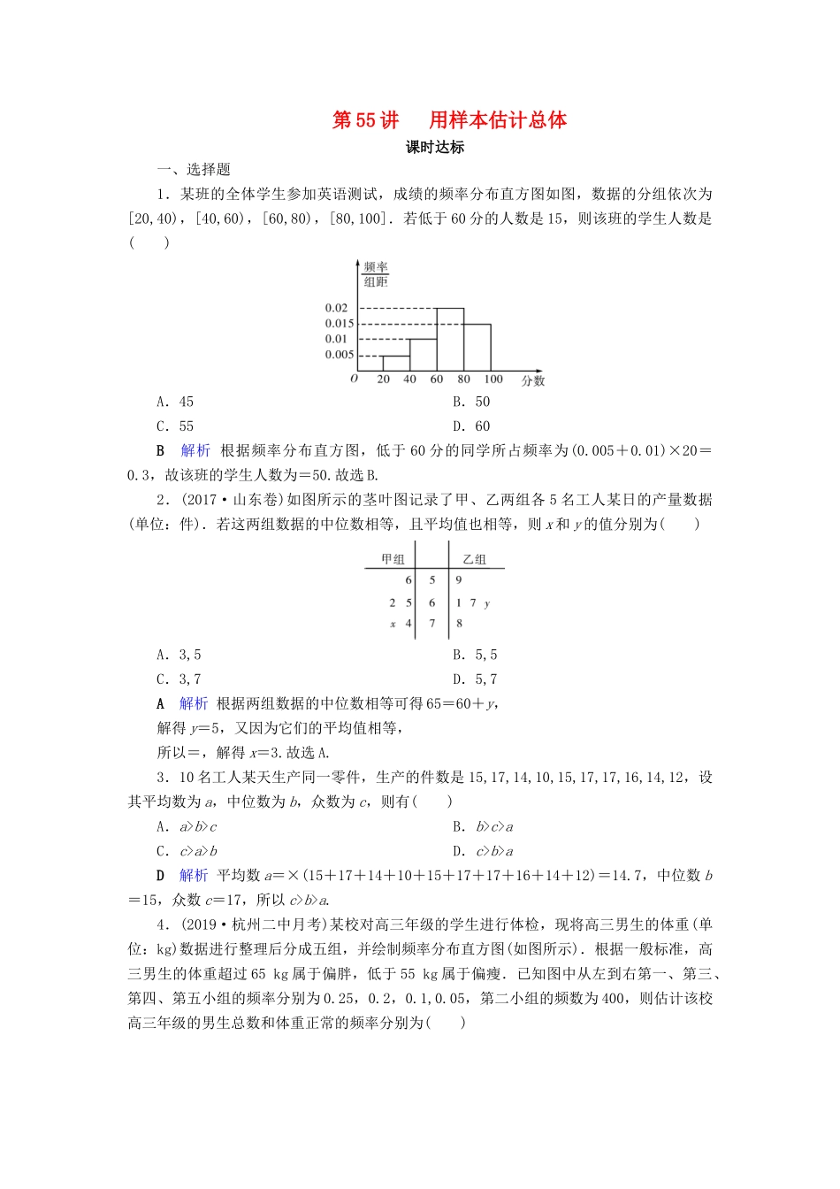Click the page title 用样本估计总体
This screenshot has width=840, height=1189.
point(498,120)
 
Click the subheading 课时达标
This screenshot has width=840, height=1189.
point(435,148)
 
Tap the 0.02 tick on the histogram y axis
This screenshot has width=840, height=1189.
point(337,308)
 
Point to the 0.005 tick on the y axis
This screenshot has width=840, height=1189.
point(340,355)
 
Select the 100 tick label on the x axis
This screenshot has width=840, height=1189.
point(493,379)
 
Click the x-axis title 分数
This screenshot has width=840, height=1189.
point(533,380)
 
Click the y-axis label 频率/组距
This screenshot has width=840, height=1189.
point(376,274)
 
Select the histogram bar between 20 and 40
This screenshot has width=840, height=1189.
point(395,363)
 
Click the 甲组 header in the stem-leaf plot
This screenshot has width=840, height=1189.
point(393,559)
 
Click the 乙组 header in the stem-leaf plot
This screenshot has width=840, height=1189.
point(474,559)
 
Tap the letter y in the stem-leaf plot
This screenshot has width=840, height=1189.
point(487,603)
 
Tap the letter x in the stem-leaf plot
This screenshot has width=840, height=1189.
point(393,624)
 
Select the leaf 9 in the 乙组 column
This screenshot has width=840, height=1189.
point(459,580)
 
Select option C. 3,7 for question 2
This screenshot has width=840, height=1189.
point(179,679)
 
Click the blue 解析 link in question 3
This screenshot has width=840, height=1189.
point(194,875)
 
